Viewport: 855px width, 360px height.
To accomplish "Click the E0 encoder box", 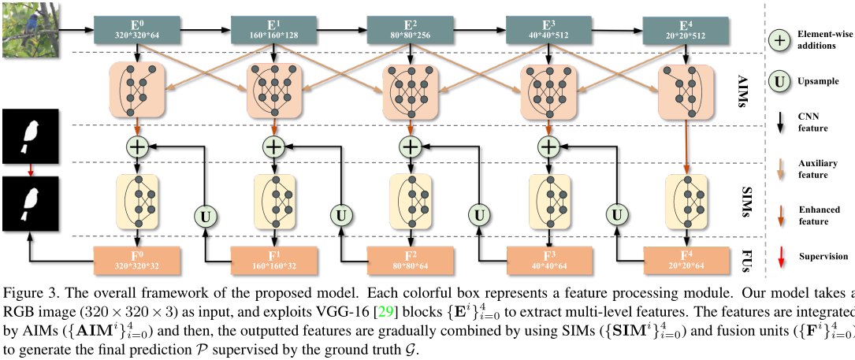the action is [137, 29].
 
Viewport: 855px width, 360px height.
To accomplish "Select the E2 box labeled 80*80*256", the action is [410, 29].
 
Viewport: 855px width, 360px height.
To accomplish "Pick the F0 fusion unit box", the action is [137, 260].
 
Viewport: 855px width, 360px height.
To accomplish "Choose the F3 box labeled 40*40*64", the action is [549, 260].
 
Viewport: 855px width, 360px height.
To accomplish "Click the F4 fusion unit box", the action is [686, 260].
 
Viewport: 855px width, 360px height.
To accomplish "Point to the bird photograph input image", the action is [29, 28].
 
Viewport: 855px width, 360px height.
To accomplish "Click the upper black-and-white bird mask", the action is [29, 135].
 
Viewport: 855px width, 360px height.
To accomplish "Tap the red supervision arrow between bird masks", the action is [31, 169].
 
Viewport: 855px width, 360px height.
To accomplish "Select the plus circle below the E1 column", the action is [274, 147].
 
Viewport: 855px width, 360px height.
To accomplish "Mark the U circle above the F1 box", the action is [206, 217].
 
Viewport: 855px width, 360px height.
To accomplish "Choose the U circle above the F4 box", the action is [617, 217].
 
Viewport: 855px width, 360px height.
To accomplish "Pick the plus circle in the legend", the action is [780, 40].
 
